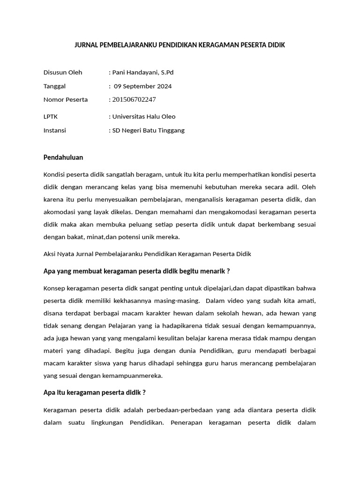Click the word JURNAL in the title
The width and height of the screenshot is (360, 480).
point(86,45)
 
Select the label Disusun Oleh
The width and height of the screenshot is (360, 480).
point(62,72)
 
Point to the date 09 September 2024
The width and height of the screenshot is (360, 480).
point(142,86)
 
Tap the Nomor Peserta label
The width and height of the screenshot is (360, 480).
point(65,99)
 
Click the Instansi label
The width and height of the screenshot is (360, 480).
point(54,130)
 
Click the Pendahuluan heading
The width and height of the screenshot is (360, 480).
point(63,157)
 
